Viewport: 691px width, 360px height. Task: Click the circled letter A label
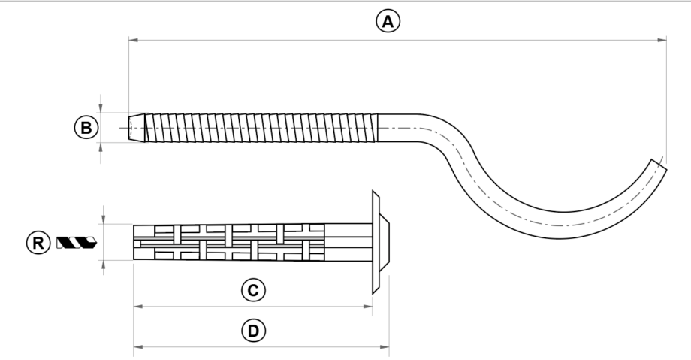pyautogui.click(x=388, y=22)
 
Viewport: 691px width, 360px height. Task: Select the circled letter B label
pyautogui.click(x=87, y=128)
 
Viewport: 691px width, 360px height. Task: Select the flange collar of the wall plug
pyautogui.click(x=375, y=241)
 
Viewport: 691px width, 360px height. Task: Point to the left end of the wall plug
pyautogui.click(x=136, y=241)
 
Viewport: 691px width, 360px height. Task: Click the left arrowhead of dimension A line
pyautogui.click(x=133, y=40)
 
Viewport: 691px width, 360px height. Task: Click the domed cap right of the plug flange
pyautogui.click(x=385, y=241)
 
